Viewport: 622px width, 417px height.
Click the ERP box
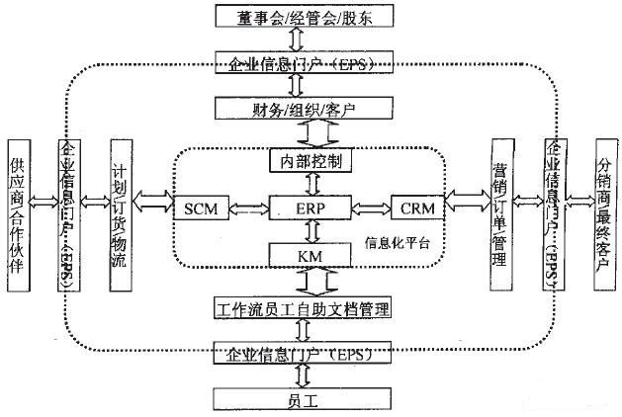(311, 208)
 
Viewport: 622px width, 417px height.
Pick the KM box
(311, 255)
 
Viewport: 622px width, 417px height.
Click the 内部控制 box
(311, 159)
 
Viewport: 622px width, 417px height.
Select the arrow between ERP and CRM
(369, 208)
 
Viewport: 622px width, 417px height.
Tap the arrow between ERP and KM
(311, 231)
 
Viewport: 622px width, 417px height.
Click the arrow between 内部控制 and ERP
(311, 183)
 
